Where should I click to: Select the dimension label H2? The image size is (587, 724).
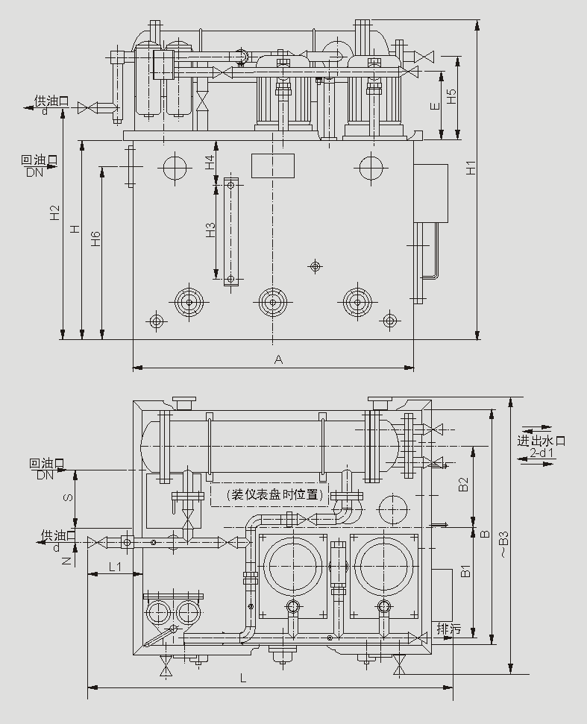click(54, 213)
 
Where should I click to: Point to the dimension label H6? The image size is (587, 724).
click(95, 239)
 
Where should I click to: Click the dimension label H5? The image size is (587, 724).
click(451, 96)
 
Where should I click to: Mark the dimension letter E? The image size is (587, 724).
click(435, 107)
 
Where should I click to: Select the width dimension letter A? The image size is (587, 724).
click(278, 359)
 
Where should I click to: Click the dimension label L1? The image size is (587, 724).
click(115, 567)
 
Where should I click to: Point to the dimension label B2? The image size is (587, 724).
click(463, 485)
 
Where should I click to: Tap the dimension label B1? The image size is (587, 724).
click(463, 573)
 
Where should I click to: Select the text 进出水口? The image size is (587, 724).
click(542, 440)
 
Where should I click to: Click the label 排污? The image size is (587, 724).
click(449, 629)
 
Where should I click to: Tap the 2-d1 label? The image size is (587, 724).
click(542, 453)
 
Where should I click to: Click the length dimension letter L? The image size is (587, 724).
click(243, 678)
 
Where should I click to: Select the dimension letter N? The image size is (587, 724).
click(68, 560)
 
